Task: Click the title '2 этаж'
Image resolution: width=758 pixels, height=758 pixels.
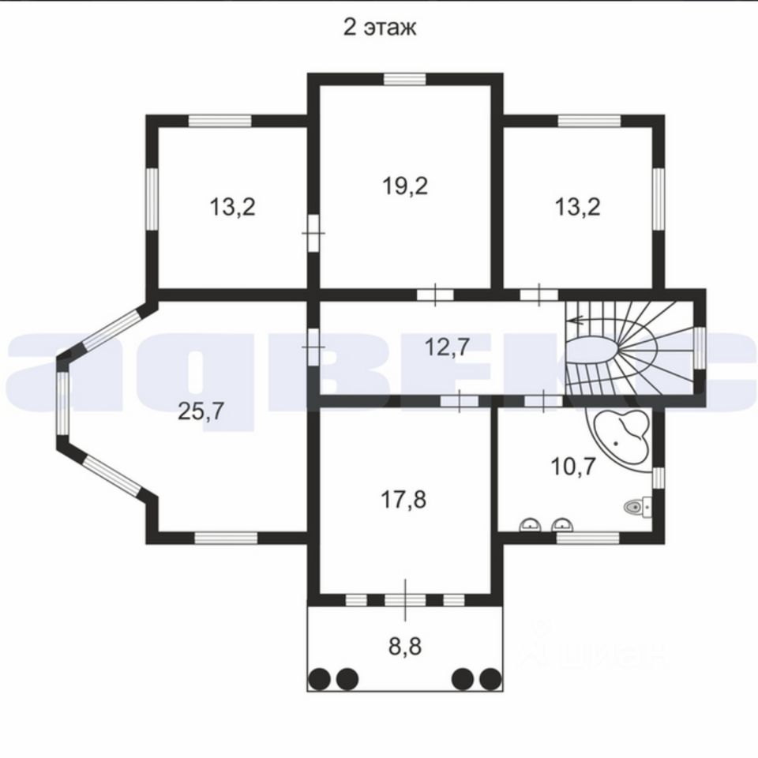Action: (x=380, y=28)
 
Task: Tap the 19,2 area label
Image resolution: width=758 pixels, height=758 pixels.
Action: (x=405, y=186)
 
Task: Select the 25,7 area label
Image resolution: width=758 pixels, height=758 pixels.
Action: (x=201, y=411)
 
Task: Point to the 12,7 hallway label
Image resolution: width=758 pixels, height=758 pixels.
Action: (x=447, y=347)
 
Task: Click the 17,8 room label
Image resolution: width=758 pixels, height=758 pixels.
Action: (x=403, y=499)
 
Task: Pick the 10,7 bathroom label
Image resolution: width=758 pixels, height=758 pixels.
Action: (x=573, y=467)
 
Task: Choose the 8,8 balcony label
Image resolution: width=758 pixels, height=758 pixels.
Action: (x=405, y=647)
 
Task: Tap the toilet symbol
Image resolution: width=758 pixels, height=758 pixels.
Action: (x=638, y=507)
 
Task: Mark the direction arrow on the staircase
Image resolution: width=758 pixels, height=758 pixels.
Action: (x=576, y=320)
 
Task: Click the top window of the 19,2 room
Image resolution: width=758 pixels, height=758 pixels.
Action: (x=404, y=79)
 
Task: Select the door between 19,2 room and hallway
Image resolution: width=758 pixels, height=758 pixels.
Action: (x=436, y=295)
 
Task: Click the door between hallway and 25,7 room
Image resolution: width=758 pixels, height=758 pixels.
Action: (x=313, y=347)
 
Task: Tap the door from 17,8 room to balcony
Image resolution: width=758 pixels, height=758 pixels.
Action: (x=405, y=600)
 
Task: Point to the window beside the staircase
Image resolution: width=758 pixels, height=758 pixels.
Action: (x=700, y=347)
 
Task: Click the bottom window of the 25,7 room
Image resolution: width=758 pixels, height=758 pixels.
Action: (x=227, y=538)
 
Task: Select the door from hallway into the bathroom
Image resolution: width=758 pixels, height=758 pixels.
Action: (x=543, y=401)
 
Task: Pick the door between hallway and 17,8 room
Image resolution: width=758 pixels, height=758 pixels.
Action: (x=460, y=401)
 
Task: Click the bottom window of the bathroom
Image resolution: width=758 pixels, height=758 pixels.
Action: (x=587, y=538)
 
